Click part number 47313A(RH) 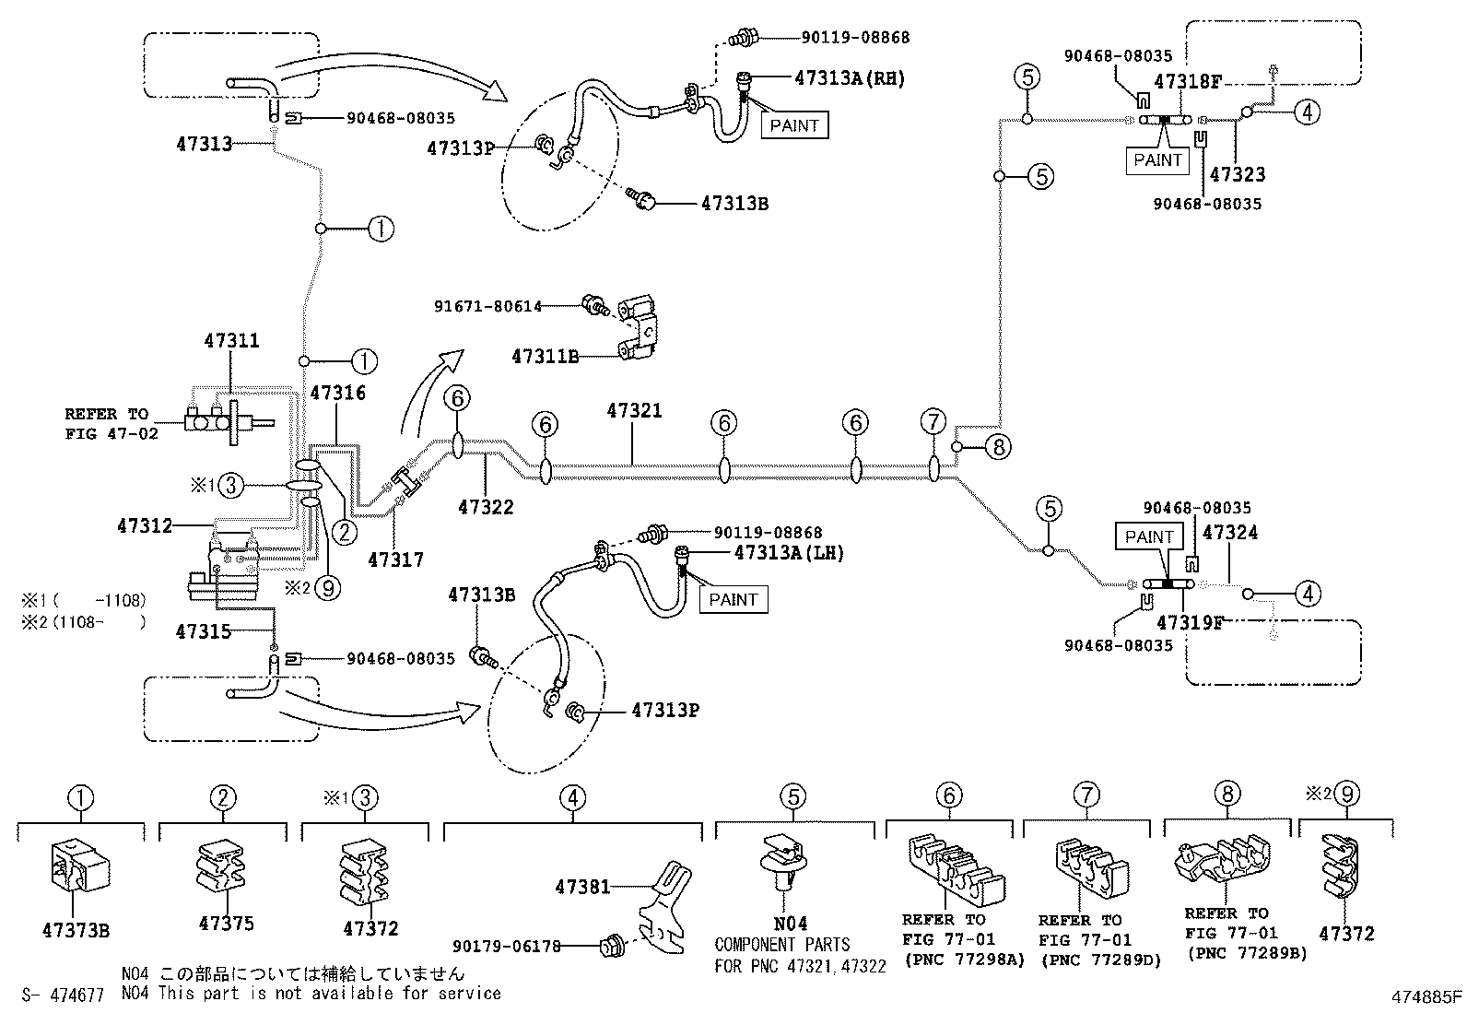[x=849, y=78]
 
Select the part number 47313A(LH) [x=788, y=553]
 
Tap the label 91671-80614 [x=487, y=306]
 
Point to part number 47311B [x=545, y=356]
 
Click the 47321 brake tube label [x=634, y=410]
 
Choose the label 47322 [x=486, y=507]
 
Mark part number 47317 [x=395, y=559]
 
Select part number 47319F [x=1190, y=622]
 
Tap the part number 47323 [x=1237, y=174]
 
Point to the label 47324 [x=1230, y=533]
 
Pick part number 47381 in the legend [x=582, y=887]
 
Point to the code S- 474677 [x=62, y=994]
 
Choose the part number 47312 [x=145, y=525]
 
